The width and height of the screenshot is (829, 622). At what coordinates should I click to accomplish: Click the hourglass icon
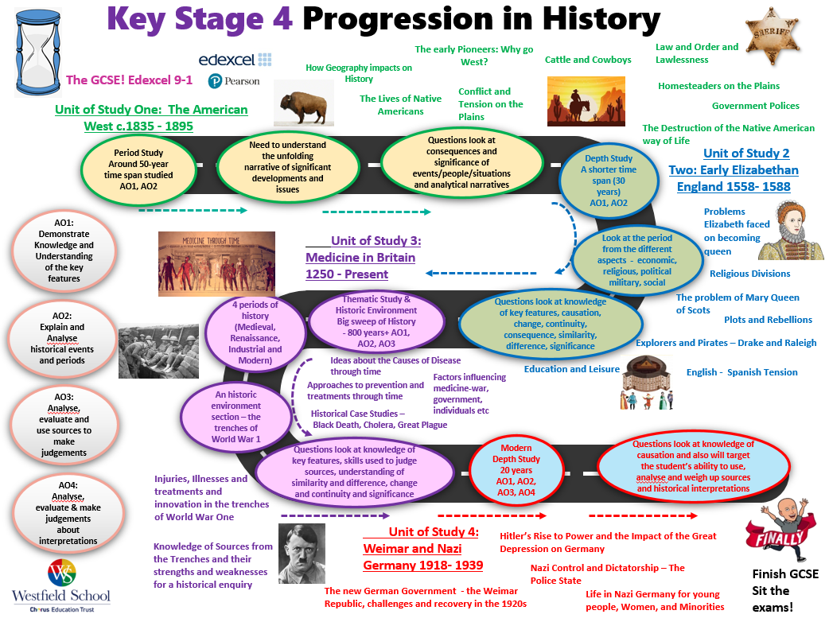click(x=38, y=52)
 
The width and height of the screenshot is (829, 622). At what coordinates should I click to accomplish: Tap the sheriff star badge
click(x=772, y=36)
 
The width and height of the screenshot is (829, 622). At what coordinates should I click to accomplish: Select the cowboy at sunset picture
click(x=586, y=101)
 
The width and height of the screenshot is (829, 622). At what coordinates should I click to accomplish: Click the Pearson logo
click(x=234, y=81)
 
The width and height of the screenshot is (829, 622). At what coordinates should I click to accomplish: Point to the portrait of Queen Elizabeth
click(x=790, y=231)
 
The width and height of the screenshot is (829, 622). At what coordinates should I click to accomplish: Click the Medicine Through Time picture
click(x=216, y=264)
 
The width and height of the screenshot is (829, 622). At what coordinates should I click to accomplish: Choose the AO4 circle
click(x=68, y=512)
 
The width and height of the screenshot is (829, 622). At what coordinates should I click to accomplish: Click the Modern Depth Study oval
click(x=516, y=470)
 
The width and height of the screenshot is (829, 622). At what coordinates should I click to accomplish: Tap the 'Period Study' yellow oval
click(x=138, y=169)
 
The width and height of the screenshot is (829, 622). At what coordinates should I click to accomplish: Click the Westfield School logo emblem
click(x=62, y=573)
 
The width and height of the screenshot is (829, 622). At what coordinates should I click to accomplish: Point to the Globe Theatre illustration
click(x=647, y=382)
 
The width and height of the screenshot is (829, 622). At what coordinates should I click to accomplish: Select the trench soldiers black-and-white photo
click(x=158, y=351)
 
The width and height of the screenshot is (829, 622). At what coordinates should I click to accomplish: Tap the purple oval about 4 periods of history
click(x=255, y=332)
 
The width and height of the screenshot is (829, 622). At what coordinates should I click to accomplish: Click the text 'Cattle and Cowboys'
click(x=588, y=60)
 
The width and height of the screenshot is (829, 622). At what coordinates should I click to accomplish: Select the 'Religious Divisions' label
click(x=749, y=274)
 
